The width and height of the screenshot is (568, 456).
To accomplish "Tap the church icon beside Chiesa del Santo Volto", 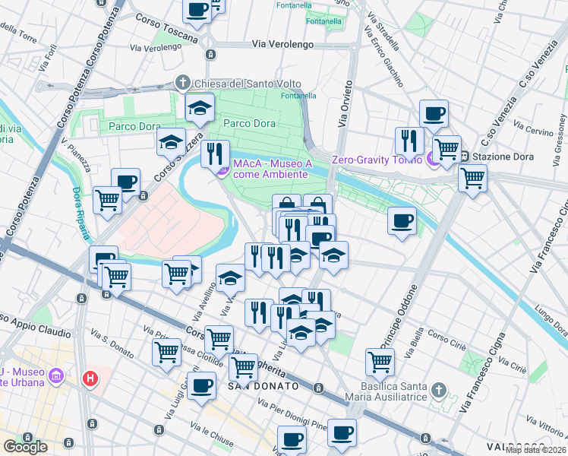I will click(182, 82).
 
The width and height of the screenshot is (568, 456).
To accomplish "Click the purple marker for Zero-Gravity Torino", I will click(432, 159).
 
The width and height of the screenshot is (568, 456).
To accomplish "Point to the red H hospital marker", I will click(91, 378).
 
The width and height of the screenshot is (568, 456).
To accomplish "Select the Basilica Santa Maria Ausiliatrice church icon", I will click(437, 391).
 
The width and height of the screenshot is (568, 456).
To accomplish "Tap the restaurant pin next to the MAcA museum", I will click(216, 153).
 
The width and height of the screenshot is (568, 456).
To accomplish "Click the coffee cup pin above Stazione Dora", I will click(434, 114).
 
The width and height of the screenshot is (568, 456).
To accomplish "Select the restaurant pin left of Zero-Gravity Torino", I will click(409, 141).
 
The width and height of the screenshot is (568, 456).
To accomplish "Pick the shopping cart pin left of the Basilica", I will click(380, 362).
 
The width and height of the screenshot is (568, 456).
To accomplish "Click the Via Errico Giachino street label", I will click(384, 51).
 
